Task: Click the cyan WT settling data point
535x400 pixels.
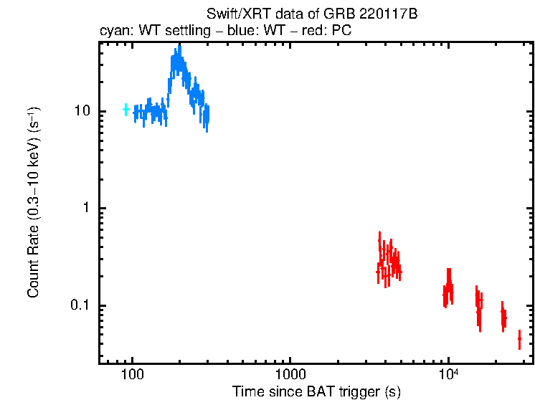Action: pos(126,109)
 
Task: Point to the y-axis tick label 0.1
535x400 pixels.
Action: pos(81,305)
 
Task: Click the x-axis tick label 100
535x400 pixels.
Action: pos(132,375)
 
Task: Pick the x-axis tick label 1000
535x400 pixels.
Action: pos(290,375)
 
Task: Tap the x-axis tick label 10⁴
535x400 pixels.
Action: pos(448,374)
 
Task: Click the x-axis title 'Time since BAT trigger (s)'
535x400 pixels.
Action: pos(316,391)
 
